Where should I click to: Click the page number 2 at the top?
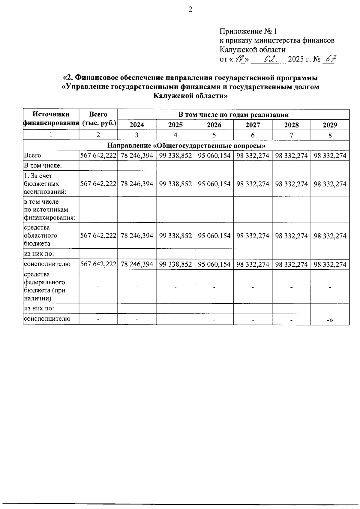point(190,10)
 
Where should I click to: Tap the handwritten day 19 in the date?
point(240,59)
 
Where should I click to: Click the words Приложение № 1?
point(248,31)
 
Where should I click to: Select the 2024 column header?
point(136,125)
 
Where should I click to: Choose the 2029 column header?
point(330,125)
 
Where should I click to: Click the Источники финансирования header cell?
point(51,119)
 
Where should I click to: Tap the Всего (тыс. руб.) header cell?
point(98,119)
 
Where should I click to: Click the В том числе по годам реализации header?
point(233,115)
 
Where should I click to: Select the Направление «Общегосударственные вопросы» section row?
point(186,145)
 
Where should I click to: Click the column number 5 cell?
point(214,135)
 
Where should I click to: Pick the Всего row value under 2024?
point(137,156)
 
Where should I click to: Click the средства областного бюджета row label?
point(40,235)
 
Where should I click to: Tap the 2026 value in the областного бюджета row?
point(214,236)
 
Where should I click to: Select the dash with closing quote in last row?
point(330,320)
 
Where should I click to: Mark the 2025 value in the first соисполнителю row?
point(175,264)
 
